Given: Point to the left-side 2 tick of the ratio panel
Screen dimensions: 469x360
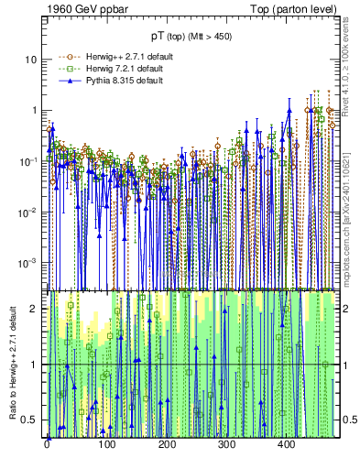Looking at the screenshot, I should click(37, 309).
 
